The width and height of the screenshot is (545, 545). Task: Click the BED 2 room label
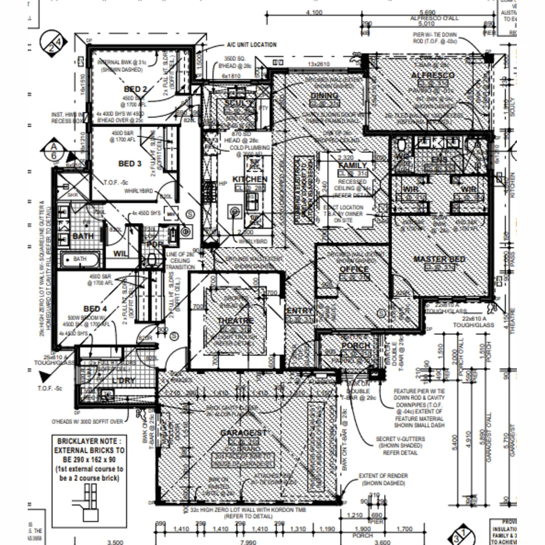point(135,89)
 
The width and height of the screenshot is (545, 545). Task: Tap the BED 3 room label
point(130,163)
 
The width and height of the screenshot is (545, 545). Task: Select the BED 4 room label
point(95,308)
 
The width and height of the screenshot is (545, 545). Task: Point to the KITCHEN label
point(250,179)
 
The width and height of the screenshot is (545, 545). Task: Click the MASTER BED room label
point(439,259)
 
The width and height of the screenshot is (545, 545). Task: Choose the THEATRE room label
point(236,321)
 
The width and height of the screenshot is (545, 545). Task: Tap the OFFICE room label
point(354,269)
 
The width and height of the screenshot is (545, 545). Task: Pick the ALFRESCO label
point(432,75)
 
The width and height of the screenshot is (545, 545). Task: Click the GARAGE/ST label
point(243,433)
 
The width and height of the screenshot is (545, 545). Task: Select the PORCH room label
point(356,346)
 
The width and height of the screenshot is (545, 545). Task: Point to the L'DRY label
point(124,380)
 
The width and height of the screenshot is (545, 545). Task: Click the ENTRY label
point(299,311)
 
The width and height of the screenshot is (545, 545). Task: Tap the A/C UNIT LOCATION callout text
point(251,45)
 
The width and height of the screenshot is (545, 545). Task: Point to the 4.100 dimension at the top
point(314,13)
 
